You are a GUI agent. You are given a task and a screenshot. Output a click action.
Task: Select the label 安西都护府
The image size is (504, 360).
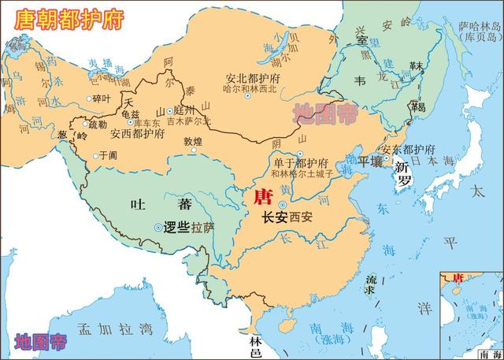(137, 134)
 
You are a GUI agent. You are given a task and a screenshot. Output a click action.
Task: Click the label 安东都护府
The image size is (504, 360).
(408, 150)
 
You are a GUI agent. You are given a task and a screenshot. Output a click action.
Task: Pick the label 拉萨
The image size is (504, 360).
(203, 228)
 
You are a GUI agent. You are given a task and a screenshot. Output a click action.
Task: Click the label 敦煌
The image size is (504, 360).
(192, 143)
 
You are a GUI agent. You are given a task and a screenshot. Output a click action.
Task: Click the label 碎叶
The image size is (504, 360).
(102, 98)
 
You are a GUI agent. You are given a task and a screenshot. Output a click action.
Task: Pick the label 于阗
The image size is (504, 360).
(108, 156)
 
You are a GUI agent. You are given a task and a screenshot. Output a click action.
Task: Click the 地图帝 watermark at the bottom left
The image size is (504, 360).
(40, 342)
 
